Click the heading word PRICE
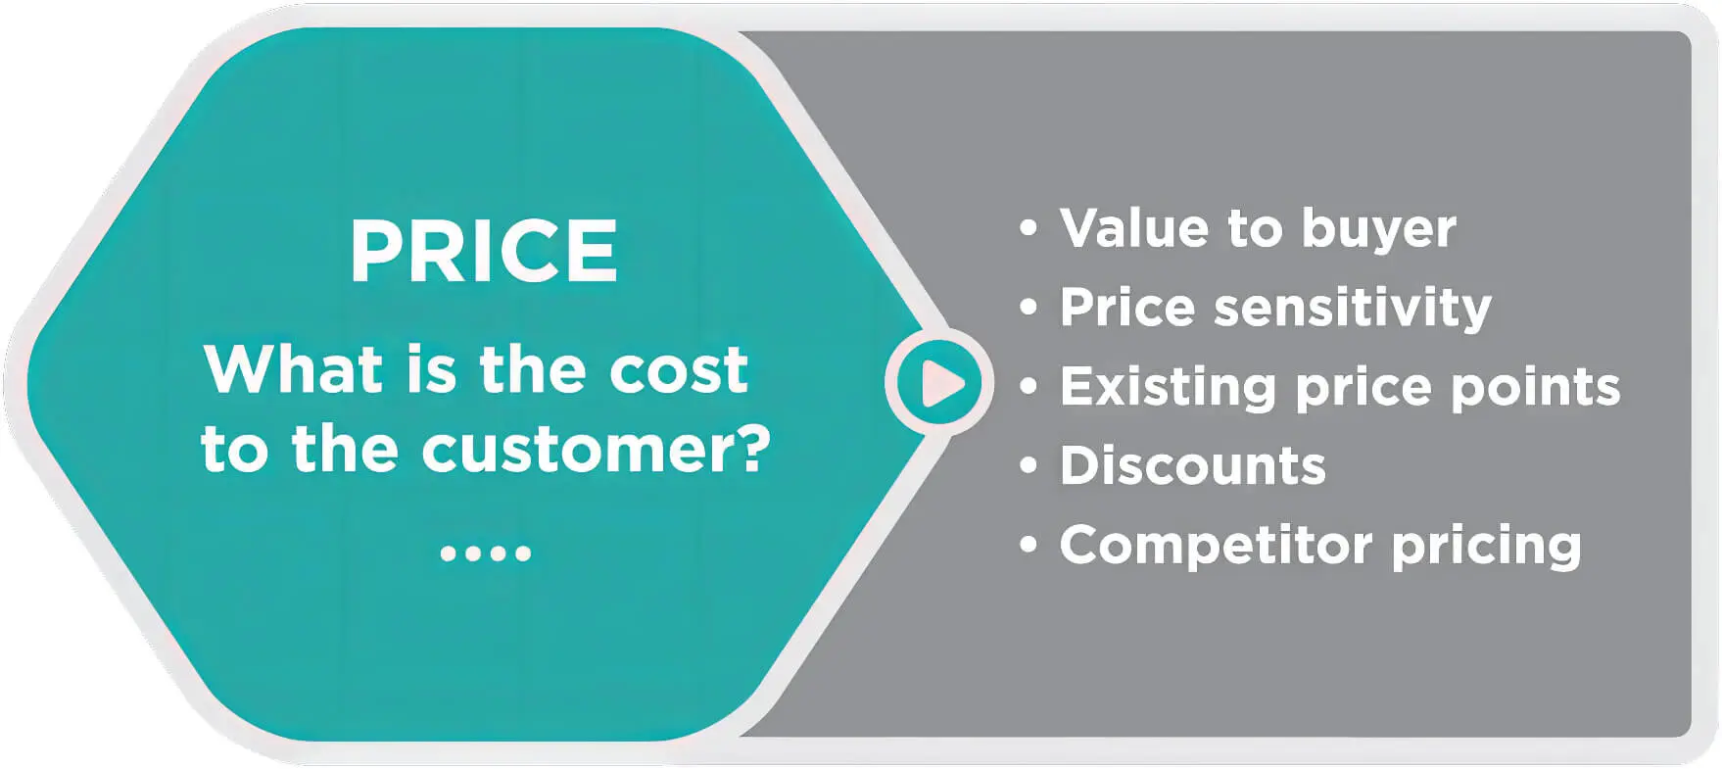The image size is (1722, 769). [x=484, y=251]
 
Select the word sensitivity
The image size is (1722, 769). [x=1352, y=308]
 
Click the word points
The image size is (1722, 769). [x=1535, y=387]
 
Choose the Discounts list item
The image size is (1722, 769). [x=1192, y=465]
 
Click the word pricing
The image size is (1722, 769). [x=1486, y=546]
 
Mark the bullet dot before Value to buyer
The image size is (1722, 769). [x=1028, y=228]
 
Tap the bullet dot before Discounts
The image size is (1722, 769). [x=1028, y=465]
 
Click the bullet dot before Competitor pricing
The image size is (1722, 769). [x=1028, y=544]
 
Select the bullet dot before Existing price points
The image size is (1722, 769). [x=1028, y=386]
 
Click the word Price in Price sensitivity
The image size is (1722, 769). [x=1127, y=308]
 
